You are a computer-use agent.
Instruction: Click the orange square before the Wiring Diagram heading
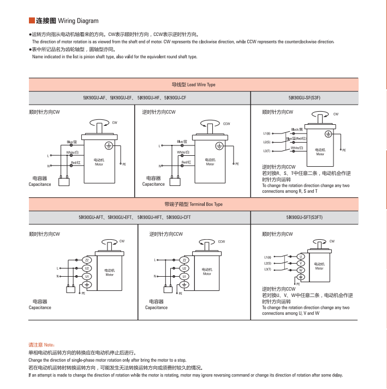point(32,21)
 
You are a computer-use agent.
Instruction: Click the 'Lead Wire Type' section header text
point(194,85)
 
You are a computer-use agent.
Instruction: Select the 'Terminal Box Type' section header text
point(194,204)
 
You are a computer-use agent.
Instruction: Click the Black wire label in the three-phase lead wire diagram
point(297,129)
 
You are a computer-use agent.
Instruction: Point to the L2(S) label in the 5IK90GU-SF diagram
point(267,142)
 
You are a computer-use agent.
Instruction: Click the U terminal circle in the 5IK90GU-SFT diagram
point(300,256)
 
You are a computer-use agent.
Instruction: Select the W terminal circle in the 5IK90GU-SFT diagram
point(300,270)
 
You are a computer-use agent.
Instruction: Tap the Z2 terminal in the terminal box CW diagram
point(87,260)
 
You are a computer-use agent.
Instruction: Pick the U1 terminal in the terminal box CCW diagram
point(184,276)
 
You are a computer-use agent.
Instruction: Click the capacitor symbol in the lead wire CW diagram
point(66,182)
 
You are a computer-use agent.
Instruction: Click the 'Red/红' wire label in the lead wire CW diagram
point(76,162)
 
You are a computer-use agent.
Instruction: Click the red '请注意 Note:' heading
point(41,345)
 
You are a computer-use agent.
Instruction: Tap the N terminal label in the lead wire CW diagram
point(49,166)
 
